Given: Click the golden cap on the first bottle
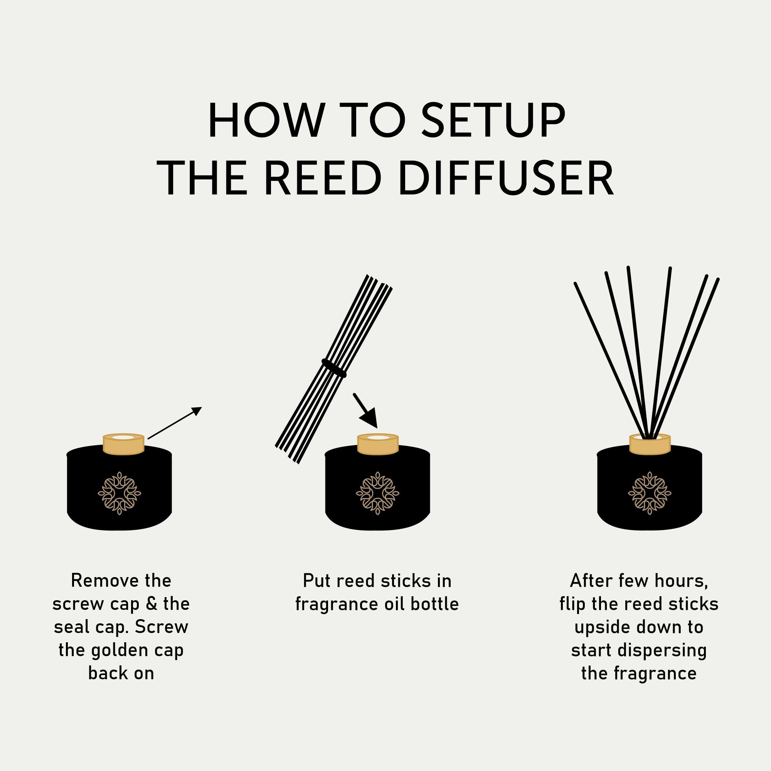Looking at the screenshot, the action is click(x=123, y=444).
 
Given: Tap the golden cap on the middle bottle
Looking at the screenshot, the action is click(x=377, y=444).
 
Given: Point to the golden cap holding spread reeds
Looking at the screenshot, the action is click(x=650, y=444).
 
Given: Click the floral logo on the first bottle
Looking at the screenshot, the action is click(x=120, y=493).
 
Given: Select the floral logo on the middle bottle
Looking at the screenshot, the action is click(x=377, y=493).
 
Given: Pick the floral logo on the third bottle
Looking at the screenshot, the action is click(x=650, y=493).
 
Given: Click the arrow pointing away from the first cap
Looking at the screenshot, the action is click(x=175, y=423).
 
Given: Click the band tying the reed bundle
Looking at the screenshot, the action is click(x=334, y=368).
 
